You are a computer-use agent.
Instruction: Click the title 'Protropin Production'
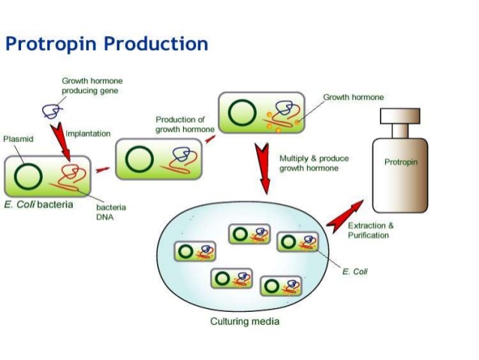(107, 44)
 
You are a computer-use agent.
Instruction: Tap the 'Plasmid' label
(18, 139)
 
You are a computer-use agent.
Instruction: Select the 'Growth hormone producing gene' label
(92, 86)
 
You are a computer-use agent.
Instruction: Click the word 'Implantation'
(88, 134)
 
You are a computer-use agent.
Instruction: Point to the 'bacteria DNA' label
(111, 212)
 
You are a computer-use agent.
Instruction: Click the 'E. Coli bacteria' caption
(38, 204)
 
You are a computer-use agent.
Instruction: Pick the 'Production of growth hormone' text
(185, 125)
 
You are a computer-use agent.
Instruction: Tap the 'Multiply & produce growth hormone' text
(314, 163)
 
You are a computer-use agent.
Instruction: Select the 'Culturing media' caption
(245, 321)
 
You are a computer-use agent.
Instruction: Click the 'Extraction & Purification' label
(371, 230)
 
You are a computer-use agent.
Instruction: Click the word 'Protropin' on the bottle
(401, 162)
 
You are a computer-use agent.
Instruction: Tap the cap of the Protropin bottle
(400, 116)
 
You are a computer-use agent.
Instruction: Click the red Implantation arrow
(61, 141)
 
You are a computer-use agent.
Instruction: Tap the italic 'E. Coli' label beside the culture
(354, 271)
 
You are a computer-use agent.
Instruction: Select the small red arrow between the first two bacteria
(103, 169)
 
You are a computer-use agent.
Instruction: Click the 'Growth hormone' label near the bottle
(354, 97)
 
